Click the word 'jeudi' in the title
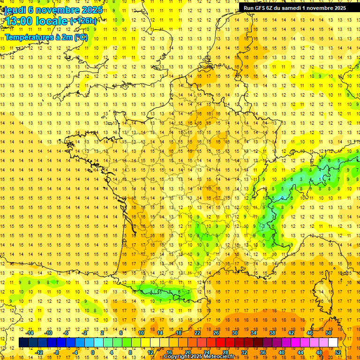click(14, 10)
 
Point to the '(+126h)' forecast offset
click(83, 21)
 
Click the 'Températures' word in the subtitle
click(29, 37)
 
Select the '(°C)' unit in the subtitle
click(80, 37)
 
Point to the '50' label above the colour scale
click(328, 333)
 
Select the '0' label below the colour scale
click(92, 352)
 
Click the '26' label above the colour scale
click(216, 333)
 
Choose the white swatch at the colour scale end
click(333, 343)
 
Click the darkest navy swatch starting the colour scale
click(23, 343)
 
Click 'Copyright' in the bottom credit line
click(177, 357)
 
